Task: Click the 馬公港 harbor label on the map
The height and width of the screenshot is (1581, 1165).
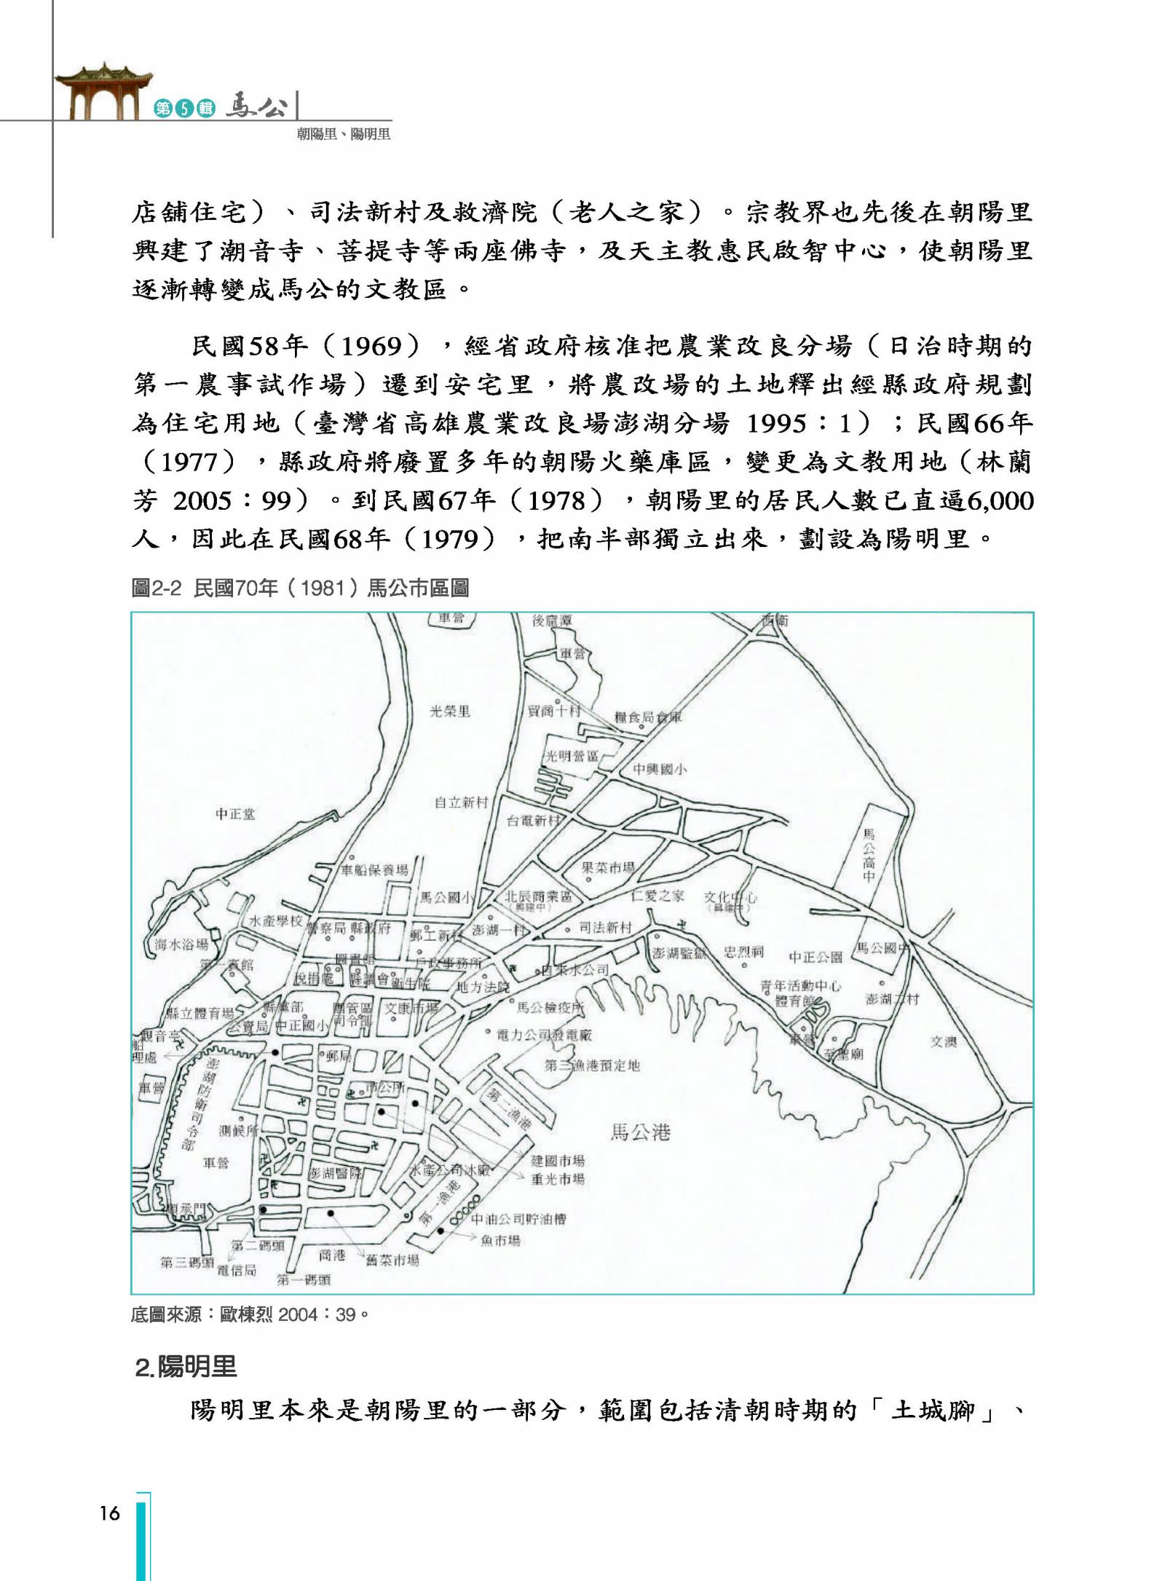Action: (x=640, y=1131)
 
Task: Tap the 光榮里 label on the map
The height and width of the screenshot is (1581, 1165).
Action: (x=449, y=711)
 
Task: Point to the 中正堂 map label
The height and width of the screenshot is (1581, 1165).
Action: (x=235, y=813)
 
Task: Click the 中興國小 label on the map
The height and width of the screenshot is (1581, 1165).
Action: (x=660, y=769)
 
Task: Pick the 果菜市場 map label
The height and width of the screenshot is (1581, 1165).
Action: (x=608, y=867)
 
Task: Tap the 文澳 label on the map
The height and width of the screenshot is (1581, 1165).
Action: (x=943, y=1041)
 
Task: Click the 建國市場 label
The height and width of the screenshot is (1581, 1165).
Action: (x=558, y=1160)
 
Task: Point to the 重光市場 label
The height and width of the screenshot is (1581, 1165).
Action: (x=558, y=1178)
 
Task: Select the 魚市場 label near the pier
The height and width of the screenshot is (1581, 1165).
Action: (x=500, y=1240)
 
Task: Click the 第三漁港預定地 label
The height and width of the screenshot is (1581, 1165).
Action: (x=592, y=1065)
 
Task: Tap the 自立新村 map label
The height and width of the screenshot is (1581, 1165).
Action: (x=461, y=802)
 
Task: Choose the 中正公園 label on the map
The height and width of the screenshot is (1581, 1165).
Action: (x=815, y=956)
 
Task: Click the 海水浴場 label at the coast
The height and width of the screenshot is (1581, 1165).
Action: (x=181, y=945)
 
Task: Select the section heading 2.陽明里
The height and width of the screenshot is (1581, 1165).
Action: (x=187, y=1367)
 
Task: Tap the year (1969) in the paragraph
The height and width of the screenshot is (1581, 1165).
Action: (x=371, y=346)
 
